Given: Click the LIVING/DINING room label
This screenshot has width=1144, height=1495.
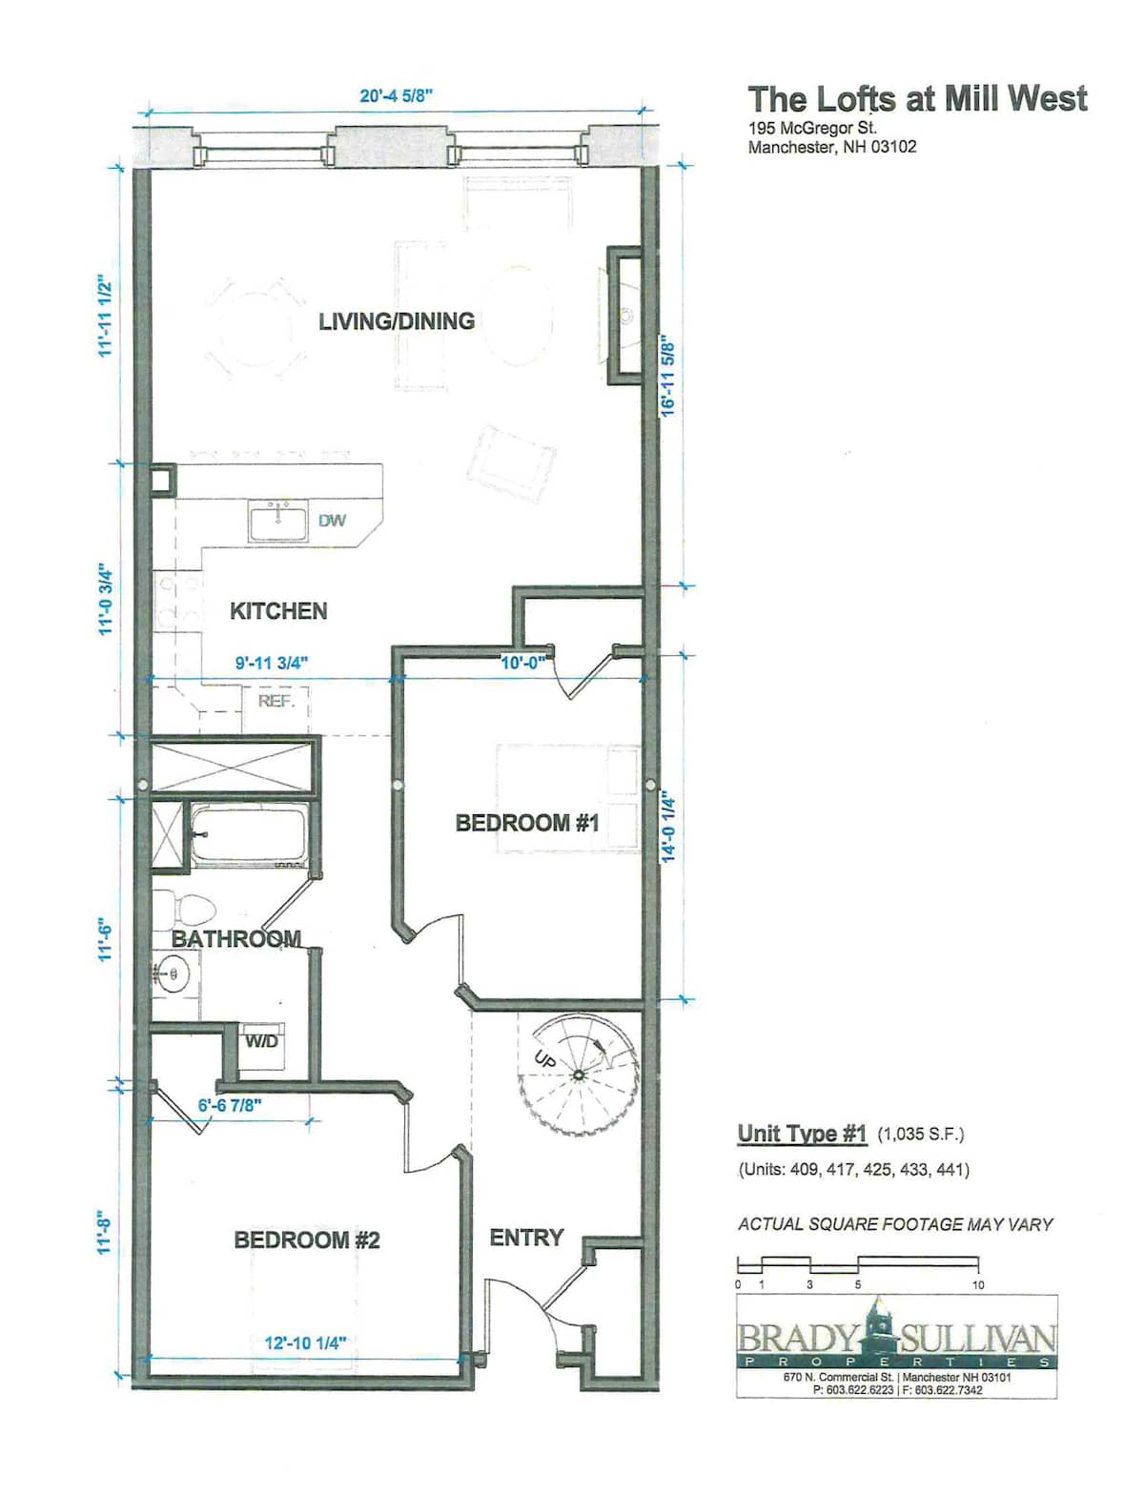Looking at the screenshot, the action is coord(397,321).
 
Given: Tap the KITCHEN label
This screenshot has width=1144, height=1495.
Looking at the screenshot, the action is coord(278,611).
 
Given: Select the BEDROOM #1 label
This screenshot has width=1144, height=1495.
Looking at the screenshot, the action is coord(527,823).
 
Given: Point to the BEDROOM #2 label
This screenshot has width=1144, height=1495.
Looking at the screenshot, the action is coord(307,1239).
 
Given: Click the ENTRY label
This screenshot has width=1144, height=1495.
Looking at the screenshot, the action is coord(526,1238).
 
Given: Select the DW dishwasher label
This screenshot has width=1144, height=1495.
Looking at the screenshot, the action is coord(332,521).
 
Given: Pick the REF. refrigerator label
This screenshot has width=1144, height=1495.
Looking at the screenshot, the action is coord(276,702).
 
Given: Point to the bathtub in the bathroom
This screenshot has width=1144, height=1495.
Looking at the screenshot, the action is coord(248,834).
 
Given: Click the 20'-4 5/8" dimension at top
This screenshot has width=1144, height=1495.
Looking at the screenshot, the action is coord(397,95).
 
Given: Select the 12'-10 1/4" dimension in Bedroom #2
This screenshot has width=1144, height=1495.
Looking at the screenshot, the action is coord(306,1343).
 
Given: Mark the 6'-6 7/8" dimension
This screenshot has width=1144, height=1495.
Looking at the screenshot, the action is coord(230,1105).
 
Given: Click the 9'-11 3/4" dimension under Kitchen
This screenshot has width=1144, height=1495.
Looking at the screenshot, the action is coord(272,662).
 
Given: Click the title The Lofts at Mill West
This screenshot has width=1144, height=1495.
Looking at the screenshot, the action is coord(917,99).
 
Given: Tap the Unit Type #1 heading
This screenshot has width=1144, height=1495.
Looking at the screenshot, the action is coord(802,1134).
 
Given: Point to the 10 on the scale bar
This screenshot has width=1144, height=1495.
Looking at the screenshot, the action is coord(978,1285).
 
